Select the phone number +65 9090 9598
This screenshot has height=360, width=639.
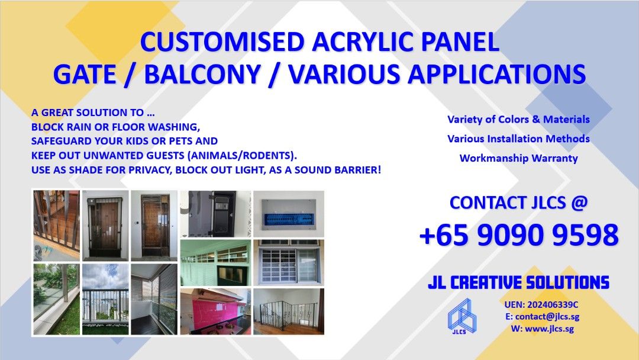(518, 236)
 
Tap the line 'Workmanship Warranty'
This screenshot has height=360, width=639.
(518, 159)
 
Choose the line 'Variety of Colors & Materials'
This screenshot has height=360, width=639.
(518, 120)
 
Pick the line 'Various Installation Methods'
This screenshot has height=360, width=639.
(518, 139)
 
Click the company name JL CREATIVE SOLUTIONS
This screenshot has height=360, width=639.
(518, 282)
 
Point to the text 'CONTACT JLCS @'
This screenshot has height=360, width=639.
(518, 202)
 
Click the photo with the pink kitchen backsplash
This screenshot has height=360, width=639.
(215, 311)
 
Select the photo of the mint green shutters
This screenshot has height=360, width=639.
(215, 262)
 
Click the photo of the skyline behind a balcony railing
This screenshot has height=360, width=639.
(105, 300)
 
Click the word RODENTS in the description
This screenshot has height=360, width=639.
(269, 156)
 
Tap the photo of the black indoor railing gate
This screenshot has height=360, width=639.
(288, 311)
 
